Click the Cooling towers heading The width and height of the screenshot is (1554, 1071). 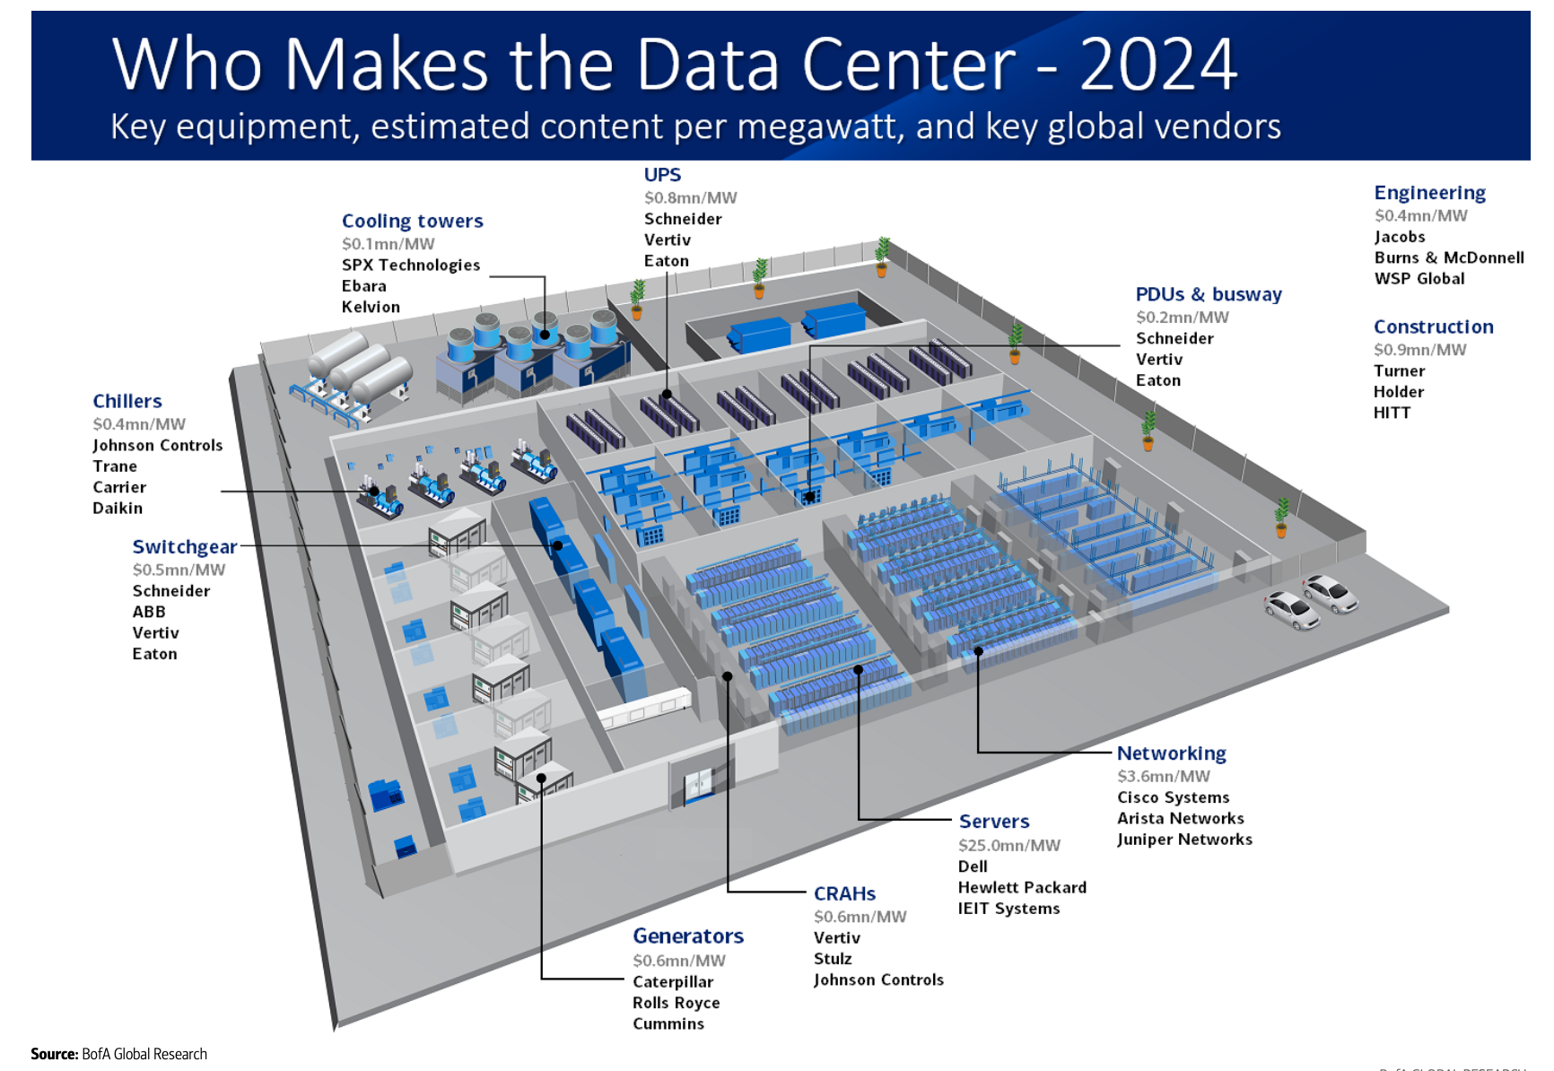pyautogui.click(x=412, y=221)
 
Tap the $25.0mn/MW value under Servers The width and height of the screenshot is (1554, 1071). pyautogui.click(x=1009, y=845)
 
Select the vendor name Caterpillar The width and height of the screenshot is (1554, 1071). pyautogui.click(x=673, y=982)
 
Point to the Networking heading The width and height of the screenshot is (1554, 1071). pyautogui.click(x=1171, y=753)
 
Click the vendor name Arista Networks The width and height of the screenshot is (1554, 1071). pyautogui.click(x=1181, y=818)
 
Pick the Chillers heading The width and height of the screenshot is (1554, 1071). pyautogui.click(x=127, y=401)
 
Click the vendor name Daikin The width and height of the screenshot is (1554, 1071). pyautogui.click(x=118, y=508)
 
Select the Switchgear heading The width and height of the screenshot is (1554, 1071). pyautogui.click(x=185, y=547)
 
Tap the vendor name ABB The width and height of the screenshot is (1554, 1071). pyautogui.click(x=149, y=612)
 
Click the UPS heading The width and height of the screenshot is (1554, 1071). pyautogui.click(x=662, y=175)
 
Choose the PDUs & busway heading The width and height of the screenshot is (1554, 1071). pyautogui.click(x=1209, y=294)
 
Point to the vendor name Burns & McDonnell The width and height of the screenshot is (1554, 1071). pyautogui.click(x=1449, y=257)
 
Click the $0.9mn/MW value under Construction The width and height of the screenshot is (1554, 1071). pyautogui.click(x=1419, y=350)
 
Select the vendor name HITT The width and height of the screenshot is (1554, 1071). pyautogui.click(x=1392, y=413)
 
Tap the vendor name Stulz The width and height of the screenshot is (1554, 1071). pyautogui.click(x=833, y=959)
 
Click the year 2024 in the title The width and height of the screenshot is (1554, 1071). pyautogui.click(x=1158, y=65)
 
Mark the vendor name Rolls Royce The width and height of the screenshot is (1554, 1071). pyautogui.click(x=676, y=1003)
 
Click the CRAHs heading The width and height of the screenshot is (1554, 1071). pyautogui.click(x=844, y=893)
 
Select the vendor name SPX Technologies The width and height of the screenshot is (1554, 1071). pyautogui.click(x=411, y=265)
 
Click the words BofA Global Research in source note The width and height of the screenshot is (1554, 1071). pyautogui.click(x=144, y=1054)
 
